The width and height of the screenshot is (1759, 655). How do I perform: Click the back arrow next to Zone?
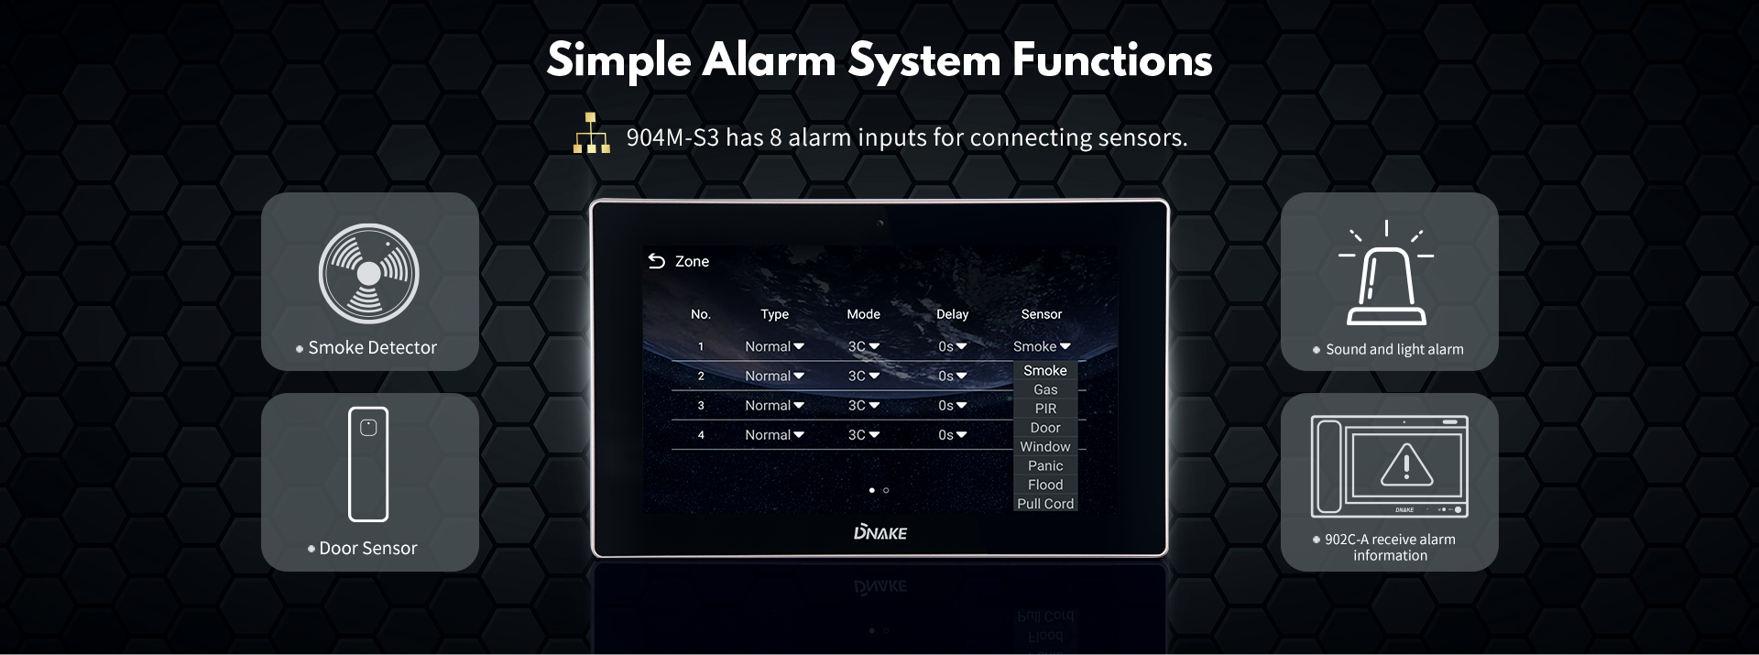tap(656, 261)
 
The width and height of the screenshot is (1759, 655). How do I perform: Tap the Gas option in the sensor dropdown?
tap(1045, 389)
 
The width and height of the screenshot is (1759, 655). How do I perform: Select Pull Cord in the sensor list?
tap(1045, 504)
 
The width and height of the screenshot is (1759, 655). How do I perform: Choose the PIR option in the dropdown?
tap(1045, 409)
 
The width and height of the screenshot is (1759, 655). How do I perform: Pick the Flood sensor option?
tap(1045, 485)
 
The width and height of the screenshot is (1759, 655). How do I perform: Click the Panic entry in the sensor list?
tap(1045, 465)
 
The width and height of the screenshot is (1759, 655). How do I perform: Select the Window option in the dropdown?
tap(1045, 447)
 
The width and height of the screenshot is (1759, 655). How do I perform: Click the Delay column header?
tap(952, 314)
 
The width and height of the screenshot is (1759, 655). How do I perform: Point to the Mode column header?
tap(863, 314)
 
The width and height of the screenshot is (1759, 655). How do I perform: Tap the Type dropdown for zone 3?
tap(774, 405)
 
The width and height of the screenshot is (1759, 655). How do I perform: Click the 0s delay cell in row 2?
tap(952, 376)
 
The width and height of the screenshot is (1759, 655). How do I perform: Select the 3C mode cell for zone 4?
tap(863, 435)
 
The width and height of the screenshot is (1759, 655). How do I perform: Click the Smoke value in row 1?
tap(1041, 346)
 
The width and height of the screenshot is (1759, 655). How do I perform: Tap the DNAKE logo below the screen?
tap(879, 532)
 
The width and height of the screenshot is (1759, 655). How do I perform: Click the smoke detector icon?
tap(368, 273)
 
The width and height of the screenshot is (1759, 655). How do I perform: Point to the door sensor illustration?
tap(368, 464)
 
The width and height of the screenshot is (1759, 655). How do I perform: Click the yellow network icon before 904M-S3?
tap(592, 134)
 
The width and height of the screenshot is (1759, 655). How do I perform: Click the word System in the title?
tap(924, 60)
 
